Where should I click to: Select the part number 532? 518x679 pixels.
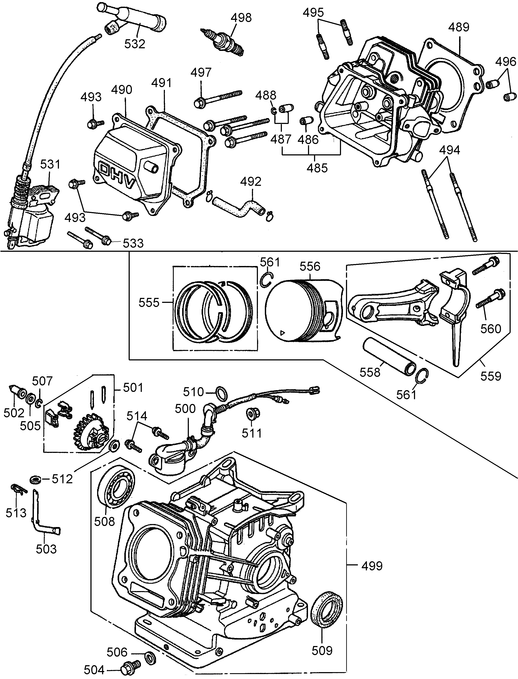pyautogui.click(x=135, y=44)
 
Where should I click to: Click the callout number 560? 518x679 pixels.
pyautogui.click(x=491, y=329)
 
